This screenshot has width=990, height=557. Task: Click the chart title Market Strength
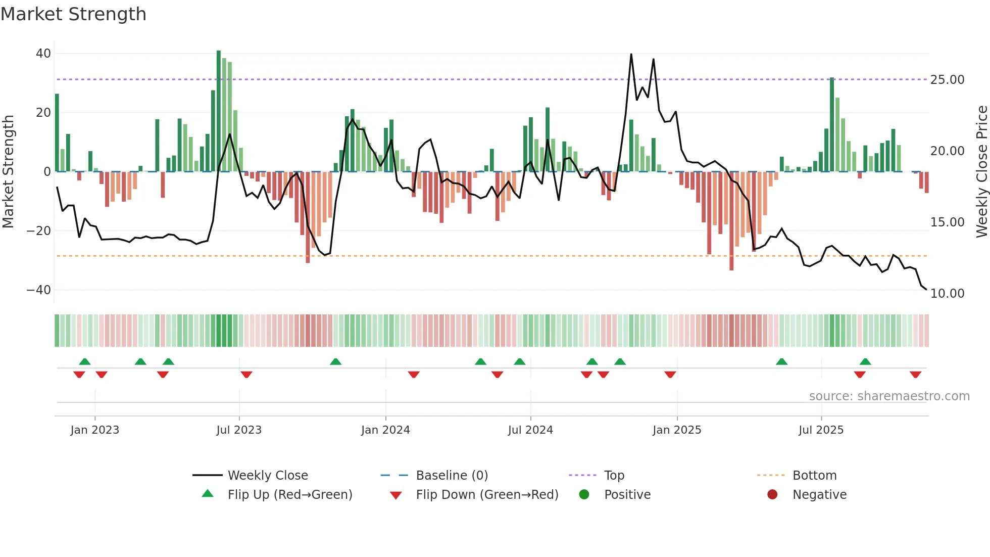[x=73, y=14]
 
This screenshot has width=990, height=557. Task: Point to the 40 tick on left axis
[x=43, y=54]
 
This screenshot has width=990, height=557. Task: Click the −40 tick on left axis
[x=39, y=290]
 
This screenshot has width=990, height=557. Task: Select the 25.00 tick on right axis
[x=947, y=80]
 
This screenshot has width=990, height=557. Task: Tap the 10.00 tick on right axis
[x=947, y=294]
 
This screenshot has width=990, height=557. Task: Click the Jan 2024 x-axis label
[x=385, y=430]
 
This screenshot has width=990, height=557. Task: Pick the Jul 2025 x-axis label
[x=821, y=430]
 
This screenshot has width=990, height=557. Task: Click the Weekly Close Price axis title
[x=981, y=172]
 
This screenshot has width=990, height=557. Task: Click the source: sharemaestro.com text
[x=889, y=396]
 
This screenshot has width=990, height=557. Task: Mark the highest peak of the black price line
[x=631, y=55]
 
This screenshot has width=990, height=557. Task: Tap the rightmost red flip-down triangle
[x=915, y=375]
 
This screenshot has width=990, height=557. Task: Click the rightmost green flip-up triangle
[x=865, y=361]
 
